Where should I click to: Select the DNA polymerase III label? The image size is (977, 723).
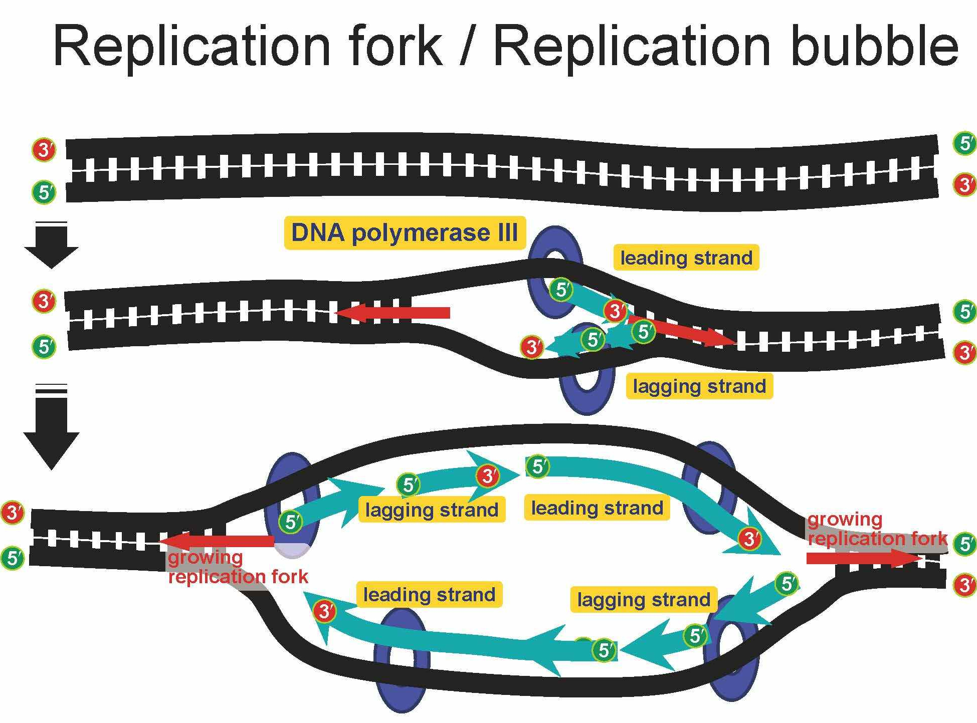point(405,233)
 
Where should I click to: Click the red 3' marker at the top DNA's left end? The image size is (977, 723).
point(44,149)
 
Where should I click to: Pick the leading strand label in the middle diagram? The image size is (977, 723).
point(686,258)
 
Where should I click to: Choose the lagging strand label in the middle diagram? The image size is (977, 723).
point(699,386)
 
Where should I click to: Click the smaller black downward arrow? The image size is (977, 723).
point(51,246)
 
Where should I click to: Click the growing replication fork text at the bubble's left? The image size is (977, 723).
point(237,567)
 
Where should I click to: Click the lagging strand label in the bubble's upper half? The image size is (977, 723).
point(432,510)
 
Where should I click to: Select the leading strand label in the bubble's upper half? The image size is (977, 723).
point(597,508)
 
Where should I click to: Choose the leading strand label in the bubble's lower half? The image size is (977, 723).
point(429,595)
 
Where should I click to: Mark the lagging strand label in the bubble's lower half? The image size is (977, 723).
point(644,600)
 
